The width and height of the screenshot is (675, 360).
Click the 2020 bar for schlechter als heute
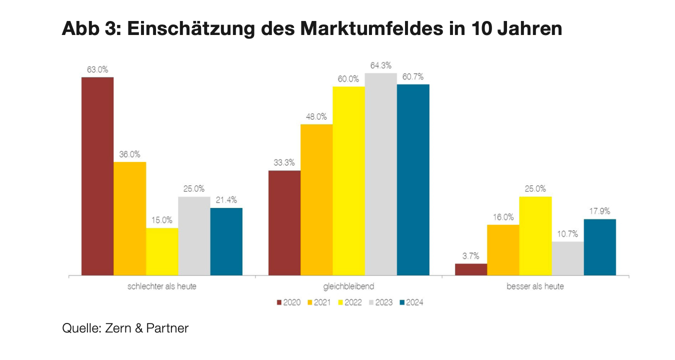tap(97, 176)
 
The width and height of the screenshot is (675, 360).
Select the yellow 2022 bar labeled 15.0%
tap(162, 251)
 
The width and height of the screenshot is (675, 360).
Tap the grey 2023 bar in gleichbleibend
tap(380, 174)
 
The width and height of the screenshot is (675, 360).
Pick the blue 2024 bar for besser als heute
tap(599, 247)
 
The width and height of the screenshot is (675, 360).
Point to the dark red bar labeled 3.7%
tap(471, 269)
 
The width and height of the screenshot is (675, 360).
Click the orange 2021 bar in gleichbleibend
tap(316, 199)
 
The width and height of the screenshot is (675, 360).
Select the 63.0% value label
tap(97, 70)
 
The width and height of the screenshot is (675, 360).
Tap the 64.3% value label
tap(381, 65)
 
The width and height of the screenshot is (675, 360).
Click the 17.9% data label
tap(599, 211)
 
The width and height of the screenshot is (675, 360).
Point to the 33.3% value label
tap(284, 162)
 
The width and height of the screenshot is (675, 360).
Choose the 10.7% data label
tap(567, 233)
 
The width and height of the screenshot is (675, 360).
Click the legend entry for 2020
tap(288, 302)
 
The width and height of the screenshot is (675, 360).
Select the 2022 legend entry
tap(350, 302)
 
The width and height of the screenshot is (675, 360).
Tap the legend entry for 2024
tap(411, 302)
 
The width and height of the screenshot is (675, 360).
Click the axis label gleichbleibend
tap(348, 287)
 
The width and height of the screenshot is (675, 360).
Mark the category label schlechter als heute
tap(161, 287)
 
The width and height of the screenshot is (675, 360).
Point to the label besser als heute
tap(535, 287)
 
